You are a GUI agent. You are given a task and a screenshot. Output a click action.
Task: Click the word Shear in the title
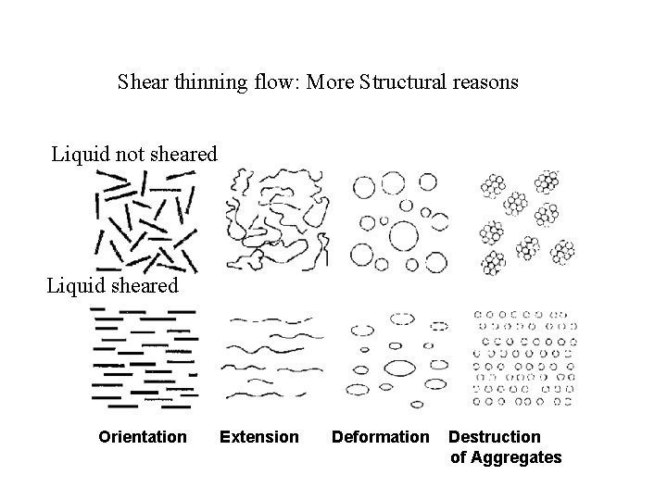click(141, 82)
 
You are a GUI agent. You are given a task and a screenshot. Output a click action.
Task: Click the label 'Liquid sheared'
click(113, 286)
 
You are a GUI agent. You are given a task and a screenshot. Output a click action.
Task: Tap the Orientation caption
click(143, 436)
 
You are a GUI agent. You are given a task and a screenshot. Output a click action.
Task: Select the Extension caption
click(259, 436)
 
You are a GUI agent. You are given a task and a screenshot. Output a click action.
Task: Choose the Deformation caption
click(381, 436)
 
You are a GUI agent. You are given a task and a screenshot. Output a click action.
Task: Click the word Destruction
click(495, 436)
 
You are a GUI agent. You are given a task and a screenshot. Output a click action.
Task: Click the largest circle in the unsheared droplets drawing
click(404, 237)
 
